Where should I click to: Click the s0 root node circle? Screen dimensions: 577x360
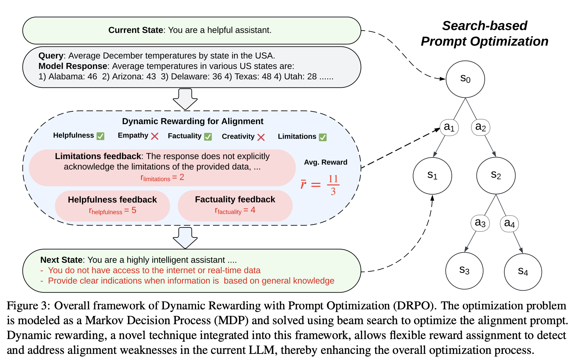(x=465, y=79)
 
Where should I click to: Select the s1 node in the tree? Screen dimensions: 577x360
(x=432, y=176)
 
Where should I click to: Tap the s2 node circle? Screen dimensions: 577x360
(x=496, y=176)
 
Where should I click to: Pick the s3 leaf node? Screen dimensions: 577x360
(x=464, y=271)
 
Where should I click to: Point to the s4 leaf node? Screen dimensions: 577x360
(x=523, y=272)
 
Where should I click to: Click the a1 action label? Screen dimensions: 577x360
(x=449, y=127)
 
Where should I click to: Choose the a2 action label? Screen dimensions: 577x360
(x=481, y=127)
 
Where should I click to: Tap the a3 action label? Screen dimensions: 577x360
(x=480, y=223)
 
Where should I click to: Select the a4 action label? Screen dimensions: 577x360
(x=509, y=223)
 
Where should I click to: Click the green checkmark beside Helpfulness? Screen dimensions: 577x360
(x=101, y=136)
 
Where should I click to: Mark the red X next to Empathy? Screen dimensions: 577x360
(x=155, y=136)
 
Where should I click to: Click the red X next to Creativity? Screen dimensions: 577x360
(x=261, y=137)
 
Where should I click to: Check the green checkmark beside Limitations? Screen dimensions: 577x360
(x=323, y=137)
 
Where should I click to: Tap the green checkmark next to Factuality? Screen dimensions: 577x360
(x=208, y=137)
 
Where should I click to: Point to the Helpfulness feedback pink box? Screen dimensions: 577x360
(x=112, y=205)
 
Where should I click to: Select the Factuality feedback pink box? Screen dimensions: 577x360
(x=235, y=205)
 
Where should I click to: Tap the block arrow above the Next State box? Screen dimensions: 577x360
(x=185, y=238)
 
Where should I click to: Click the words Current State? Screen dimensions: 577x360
(x=136, y=30)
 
